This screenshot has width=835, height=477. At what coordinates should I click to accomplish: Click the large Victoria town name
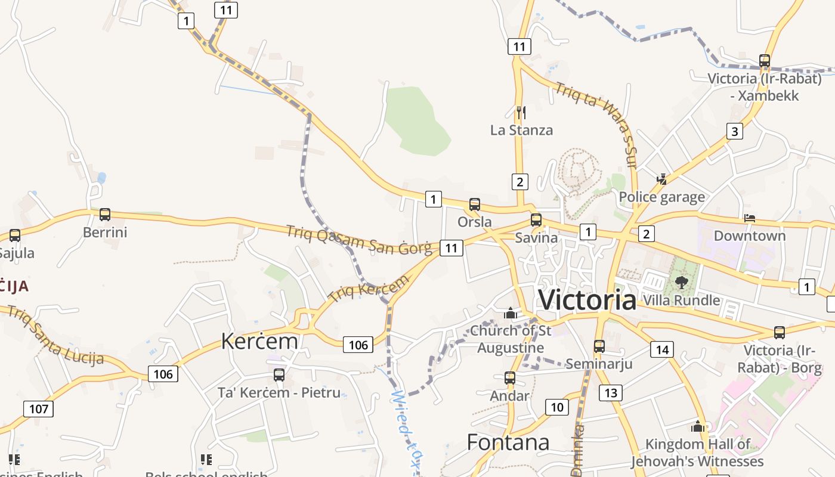coord(587,299)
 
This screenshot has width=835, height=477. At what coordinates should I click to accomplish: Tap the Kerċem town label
coord(259,341)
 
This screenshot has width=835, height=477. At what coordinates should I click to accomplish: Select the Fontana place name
coord(508,442)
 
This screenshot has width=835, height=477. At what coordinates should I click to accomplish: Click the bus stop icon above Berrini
coord(105,215)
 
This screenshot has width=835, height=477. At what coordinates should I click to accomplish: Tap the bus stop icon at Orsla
coord(475,205)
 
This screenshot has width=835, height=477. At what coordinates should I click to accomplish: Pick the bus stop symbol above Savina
coord(536,220)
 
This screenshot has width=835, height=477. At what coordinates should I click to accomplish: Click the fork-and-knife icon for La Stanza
coord(521,111)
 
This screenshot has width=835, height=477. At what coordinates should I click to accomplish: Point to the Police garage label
coord(661,197)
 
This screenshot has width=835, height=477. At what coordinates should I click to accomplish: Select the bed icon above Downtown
coord(750,218)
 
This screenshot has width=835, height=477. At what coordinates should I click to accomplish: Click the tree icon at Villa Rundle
coord(681,282)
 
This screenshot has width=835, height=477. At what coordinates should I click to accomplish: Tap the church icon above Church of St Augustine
coord(510,313)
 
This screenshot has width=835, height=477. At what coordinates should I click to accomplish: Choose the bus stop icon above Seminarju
coord(599,346)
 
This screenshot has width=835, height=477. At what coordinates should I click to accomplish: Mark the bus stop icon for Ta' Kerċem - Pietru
coord(279,375)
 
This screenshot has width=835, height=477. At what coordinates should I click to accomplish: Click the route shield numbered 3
coord(734,131)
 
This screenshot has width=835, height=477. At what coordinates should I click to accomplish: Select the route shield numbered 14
coord(662,349)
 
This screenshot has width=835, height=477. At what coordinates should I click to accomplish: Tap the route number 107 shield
coord(39,409)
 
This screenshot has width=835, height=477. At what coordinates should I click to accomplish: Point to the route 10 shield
coord(556,407)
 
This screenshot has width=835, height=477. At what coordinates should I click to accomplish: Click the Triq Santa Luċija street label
coord(56,335)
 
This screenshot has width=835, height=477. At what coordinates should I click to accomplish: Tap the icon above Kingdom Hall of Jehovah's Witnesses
coord(698,426)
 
